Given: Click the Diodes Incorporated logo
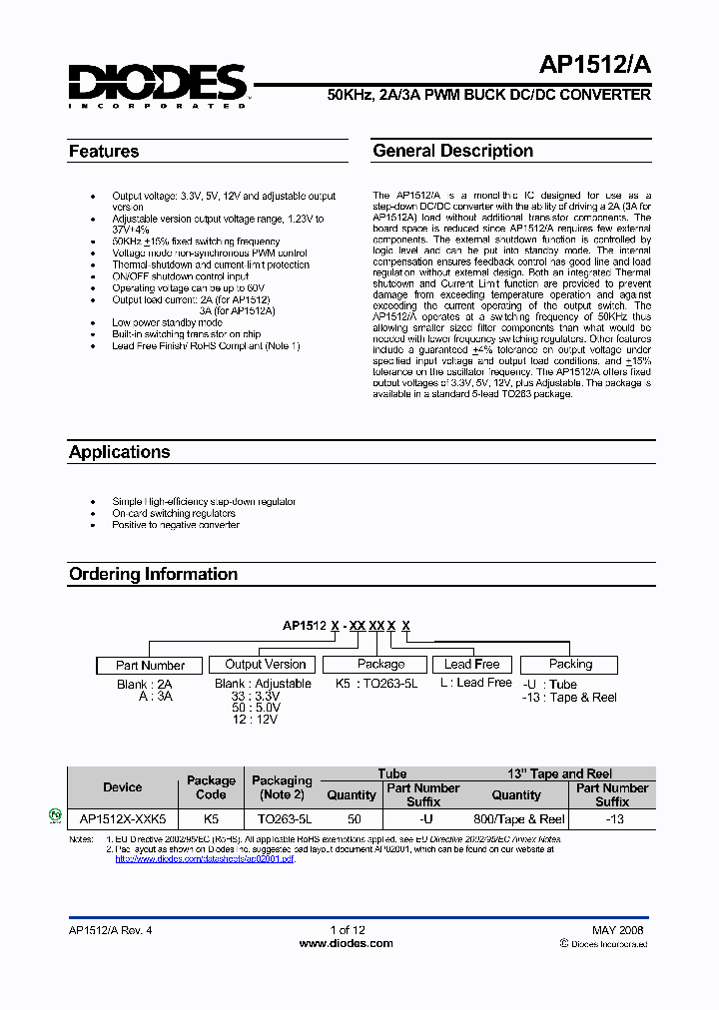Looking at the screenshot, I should coord(157,85).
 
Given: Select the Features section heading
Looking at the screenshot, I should coord(104,152).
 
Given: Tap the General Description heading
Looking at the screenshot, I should coord(452,151).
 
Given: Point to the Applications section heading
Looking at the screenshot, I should coord(119,452).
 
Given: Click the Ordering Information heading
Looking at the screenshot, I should coord(153,574).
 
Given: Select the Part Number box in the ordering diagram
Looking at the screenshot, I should coord(150,665).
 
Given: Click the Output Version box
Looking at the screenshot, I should coord(265,664).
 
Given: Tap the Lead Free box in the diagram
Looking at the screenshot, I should coord(471,664).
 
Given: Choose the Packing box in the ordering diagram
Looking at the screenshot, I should coord(570,664).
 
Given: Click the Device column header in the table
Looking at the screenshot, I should coord(122,787).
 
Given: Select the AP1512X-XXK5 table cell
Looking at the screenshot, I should coord(122,818).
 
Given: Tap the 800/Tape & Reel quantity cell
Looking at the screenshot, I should coord(516,818).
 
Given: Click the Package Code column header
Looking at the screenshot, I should coord(211,787).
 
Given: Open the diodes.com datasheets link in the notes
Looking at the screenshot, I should coord(206,858).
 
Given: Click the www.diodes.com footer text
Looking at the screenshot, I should coord(346,943).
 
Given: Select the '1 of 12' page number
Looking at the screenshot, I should coord(346,929).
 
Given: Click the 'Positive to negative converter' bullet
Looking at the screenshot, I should coord(176,525).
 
